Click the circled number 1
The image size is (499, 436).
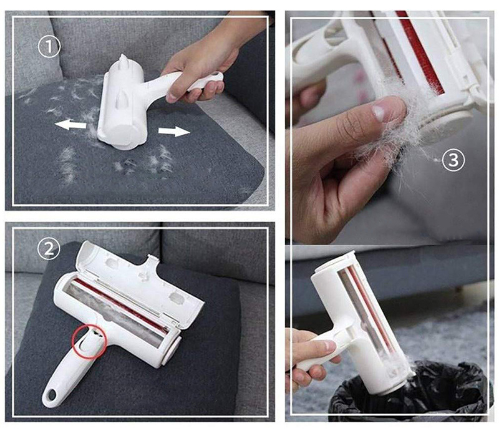pos(49,47)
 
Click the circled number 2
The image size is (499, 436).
pos(49,249)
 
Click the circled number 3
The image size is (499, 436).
pos(453,160)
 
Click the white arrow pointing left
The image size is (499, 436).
pos(70,125)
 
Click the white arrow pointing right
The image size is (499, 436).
pos(174,131)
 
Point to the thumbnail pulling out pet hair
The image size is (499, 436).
pos(379,113)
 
